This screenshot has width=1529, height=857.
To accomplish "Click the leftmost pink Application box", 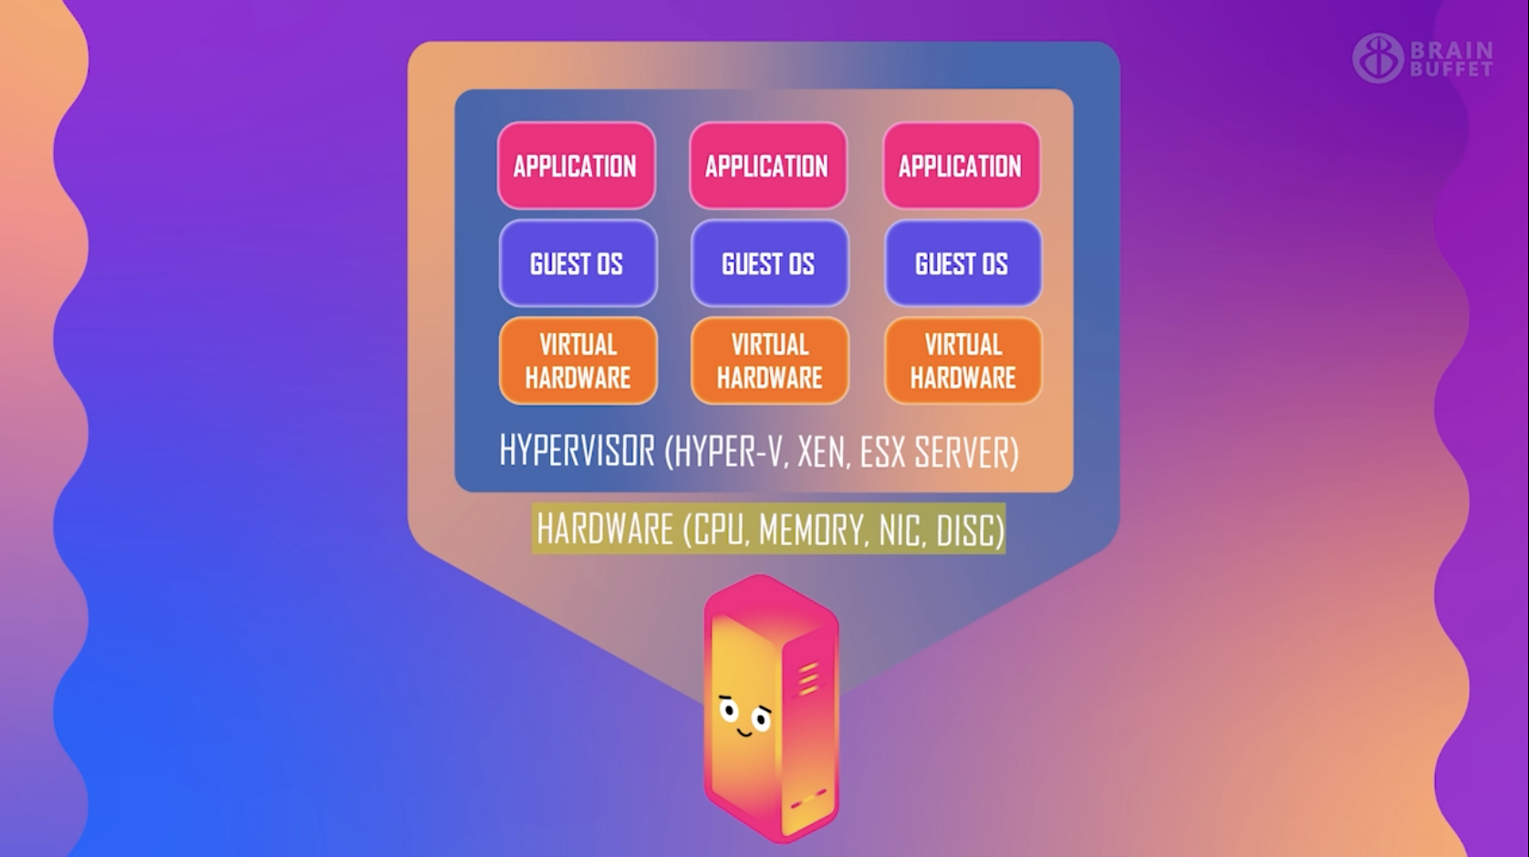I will (x=576, y=166).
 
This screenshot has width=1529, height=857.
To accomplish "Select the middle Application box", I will (x=767, y=166).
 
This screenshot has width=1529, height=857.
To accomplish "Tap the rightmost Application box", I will (x=961, y=166).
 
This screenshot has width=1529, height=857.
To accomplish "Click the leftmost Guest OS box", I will (x=577, y=263).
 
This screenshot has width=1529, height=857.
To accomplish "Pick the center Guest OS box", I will (x=769, y=263).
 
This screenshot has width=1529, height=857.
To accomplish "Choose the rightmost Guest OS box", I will (x=962, y=263).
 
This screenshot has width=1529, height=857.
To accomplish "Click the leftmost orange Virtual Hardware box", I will (x=577, y=361).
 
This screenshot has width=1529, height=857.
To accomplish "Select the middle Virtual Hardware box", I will (x=770, y=361).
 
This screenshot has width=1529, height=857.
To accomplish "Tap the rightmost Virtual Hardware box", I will (x=962, y=361).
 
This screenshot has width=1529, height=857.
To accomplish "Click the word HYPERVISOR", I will (x=577, y=451).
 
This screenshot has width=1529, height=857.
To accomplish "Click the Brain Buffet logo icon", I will (x=1377, y=58).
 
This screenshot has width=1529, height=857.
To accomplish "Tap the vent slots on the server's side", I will (x=808, y=680).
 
